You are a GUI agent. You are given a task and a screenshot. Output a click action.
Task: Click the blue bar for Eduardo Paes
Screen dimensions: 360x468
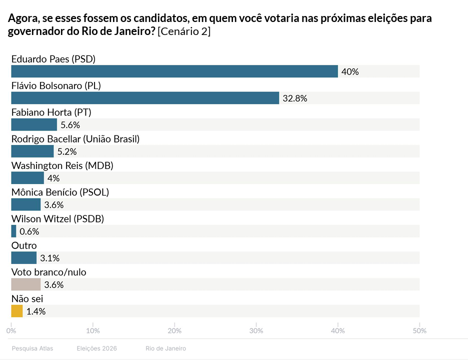[x=174, y=71]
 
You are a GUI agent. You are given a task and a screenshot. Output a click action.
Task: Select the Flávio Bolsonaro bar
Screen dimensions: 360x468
[x=145, y=98]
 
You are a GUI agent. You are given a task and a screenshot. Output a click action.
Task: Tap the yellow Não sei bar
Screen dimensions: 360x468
[x=16, y=311]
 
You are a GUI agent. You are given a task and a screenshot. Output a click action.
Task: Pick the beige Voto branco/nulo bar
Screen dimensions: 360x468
[x=25, y=284]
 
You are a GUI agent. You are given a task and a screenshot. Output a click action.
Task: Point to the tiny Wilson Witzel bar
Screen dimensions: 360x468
[x=13, y=231]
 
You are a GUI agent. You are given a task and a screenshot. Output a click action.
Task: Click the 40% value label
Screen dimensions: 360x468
[x=350, y=71]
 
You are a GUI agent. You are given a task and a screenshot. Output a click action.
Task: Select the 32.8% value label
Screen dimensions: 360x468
[x=294, y=98]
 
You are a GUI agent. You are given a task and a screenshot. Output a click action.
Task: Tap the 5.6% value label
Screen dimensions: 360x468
[x=70, y=125]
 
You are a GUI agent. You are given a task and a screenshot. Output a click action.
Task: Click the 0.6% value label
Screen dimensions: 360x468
[x=29, y=231]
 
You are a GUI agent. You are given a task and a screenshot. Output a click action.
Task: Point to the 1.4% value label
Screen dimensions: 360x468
[x=36, y=311]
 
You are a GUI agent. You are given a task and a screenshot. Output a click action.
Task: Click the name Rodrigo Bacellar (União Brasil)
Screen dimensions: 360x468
[x=75, y=138]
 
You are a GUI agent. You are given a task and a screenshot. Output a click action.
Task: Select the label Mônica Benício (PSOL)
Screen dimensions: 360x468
[x=60, y=192]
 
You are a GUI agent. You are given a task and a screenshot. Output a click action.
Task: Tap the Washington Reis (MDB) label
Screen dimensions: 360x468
[x=62, y=165]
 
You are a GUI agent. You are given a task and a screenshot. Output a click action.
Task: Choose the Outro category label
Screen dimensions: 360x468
[x=24, y=245]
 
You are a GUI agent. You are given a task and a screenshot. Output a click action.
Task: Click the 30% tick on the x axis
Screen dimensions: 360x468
[x=256, y=330]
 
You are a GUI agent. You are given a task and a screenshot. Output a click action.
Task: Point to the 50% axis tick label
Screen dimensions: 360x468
[x=419, y=330]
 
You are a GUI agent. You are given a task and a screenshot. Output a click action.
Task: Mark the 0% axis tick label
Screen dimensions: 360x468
[x=11, y=330]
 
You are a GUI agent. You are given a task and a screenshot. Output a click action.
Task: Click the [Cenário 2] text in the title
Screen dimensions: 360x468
[x=184, y=32]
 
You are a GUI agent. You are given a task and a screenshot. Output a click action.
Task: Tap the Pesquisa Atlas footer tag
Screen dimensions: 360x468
[x=32, y=348]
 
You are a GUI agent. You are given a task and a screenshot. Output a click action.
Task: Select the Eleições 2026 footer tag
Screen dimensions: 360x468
[x=96, y=348]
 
